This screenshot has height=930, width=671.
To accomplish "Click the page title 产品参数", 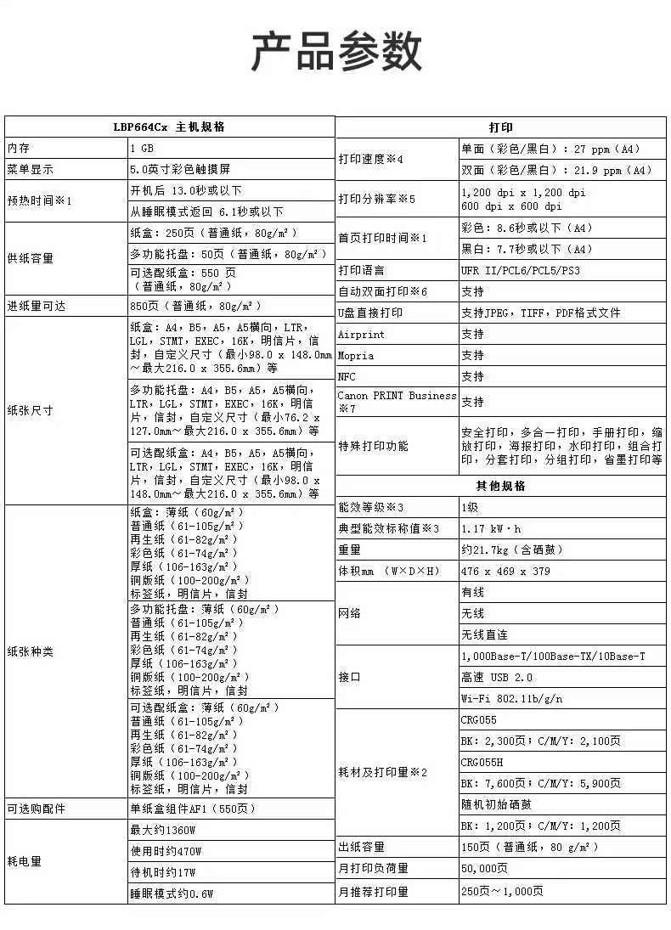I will coord(336,53).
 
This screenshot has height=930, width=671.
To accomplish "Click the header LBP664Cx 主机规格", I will coord(169,127).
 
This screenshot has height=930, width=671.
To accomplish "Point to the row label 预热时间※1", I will coord(40,200).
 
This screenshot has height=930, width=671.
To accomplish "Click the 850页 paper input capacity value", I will coord(195,306).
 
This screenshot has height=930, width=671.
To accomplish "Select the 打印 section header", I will coord(500,127).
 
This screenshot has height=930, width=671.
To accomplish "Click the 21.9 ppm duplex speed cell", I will coord(555,170).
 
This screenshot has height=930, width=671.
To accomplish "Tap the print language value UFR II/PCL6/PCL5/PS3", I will coord(520,270).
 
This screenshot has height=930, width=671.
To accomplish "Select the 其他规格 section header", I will coord(500,486).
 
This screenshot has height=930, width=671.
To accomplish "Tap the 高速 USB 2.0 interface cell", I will coord(497,677).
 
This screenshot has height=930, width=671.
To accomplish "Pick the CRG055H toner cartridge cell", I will coord(482,762).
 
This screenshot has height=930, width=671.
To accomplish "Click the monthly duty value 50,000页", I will coord(484,868).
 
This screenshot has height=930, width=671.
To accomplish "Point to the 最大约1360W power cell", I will coord(163,830).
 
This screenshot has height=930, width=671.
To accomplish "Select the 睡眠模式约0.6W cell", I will coord(172,893).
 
